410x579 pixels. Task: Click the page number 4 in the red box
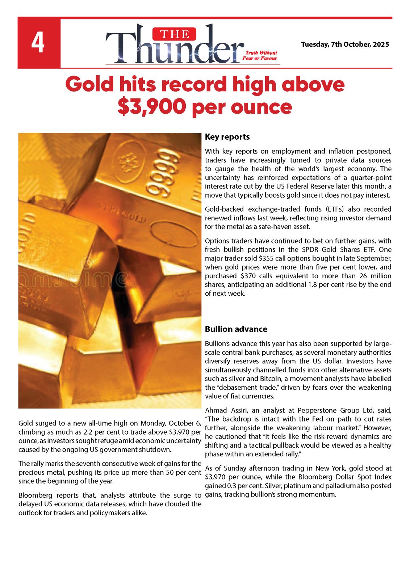(38, 43)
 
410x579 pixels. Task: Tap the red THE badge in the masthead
(174, 34)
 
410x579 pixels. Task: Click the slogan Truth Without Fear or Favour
(260, 55)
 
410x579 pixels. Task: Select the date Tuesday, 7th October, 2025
(345, 45)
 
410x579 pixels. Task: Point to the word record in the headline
(194, 84)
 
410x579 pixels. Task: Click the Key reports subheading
(227, 137)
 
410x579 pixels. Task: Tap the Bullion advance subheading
(236, 329)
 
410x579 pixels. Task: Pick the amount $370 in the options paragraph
(248, 276)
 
